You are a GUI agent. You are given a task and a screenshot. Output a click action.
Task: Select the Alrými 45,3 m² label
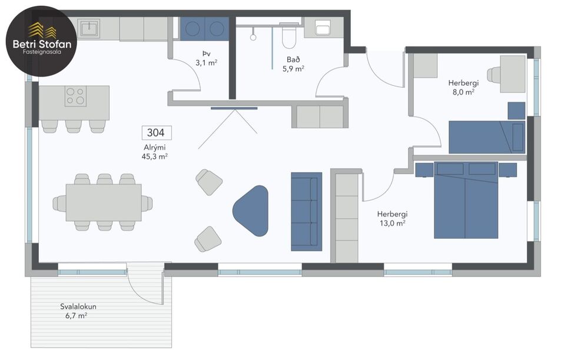tap(155, 152)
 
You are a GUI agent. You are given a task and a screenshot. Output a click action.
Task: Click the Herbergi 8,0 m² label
tap(463, 88)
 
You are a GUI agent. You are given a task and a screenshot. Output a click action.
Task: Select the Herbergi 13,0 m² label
tap(393, 218)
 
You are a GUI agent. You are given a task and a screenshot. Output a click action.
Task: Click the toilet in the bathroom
tap(289, 36)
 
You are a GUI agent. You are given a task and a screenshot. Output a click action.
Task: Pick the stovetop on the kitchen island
tap(75, 96)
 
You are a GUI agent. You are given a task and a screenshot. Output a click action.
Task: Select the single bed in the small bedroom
tap(486, 137)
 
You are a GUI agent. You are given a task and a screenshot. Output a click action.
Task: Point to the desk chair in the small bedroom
tap(494, 75)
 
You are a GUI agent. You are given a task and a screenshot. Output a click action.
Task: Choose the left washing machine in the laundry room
tap(192, 28)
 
